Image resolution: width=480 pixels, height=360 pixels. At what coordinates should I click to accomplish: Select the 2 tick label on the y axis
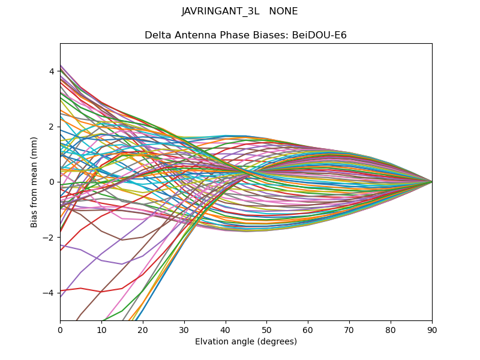[x=52, y=127]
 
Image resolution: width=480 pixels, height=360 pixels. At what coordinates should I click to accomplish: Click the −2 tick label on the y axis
[x=49, y=237]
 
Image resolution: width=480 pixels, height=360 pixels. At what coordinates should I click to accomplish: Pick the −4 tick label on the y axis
[x=49, y=293]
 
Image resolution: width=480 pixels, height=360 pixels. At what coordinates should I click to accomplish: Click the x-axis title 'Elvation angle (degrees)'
[x=246, y=341]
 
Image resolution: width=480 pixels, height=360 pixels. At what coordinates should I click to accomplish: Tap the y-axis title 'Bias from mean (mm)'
[x=35, y=182]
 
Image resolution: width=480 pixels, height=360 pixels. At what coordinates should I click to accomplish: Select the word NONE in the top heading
[x=284, y=11]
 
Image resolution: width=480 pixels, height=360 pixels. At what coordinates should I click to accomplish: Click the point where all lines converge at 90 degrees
[x=432, y=182]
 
